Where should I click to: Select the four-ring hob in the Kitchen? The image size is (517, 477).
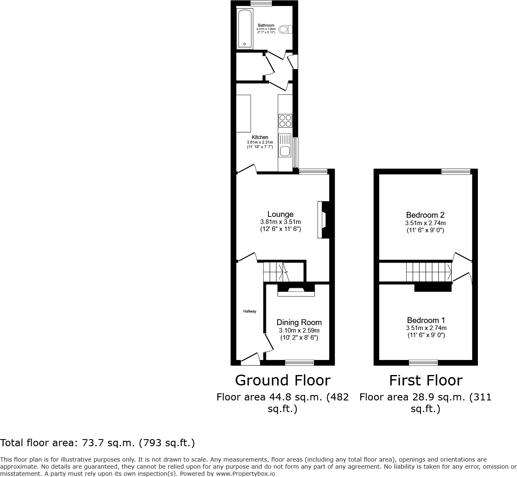pyautogui.click(x=285, y=121)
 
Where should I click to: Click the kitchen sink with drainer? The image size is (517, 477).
pyautogui.click(x=285, y=146)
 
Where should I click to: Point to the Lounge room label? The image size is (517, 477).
pyautogui.click(x=280, y=214)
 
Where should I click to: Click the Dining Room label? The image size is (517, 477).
pyautogui.click(x=299, y=322)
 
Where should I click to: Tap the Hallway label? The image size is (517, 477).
pyautogui.click(x=250, y=311)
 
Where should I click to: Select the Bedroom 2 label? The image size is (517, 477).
pyautogui.click(x=425, y=215)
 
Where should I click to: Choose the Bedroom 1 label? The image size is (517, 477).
pyautogui.click(x=426, y=320)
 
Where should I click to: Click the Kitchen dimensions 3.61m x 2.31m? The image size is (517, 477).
pyautogui.click(x=260, y=142)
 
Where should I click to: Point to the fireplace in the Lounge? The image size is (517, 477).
pyautogui.click(x=323, y=220)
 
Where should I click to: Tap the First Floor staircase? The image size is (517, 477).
pyautogui.click(x=429, y=272)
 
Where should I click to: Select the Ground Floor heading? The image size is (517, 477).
pyautogui.click(x=283, y=380)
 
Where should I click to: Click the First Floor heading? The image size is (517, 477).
pyautogui.click(x=425, y=380)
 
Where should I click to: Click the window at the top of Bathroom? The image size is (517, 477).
pyautogui.click(x=261, y=3)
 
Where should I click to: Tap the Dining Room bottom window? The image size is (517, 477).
pyautogui.click(x=299, y=363)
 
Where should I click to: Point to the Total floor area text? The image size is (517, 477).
pyautogui.click(x=97, y=443)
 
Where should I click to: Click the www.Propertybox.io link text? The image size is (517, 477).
pyautogui.click(x=245, y=473)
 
